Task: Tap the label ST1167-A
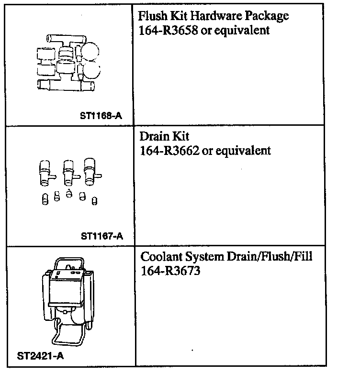click(102, 235)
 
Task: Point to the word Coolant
click(161, 257)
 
